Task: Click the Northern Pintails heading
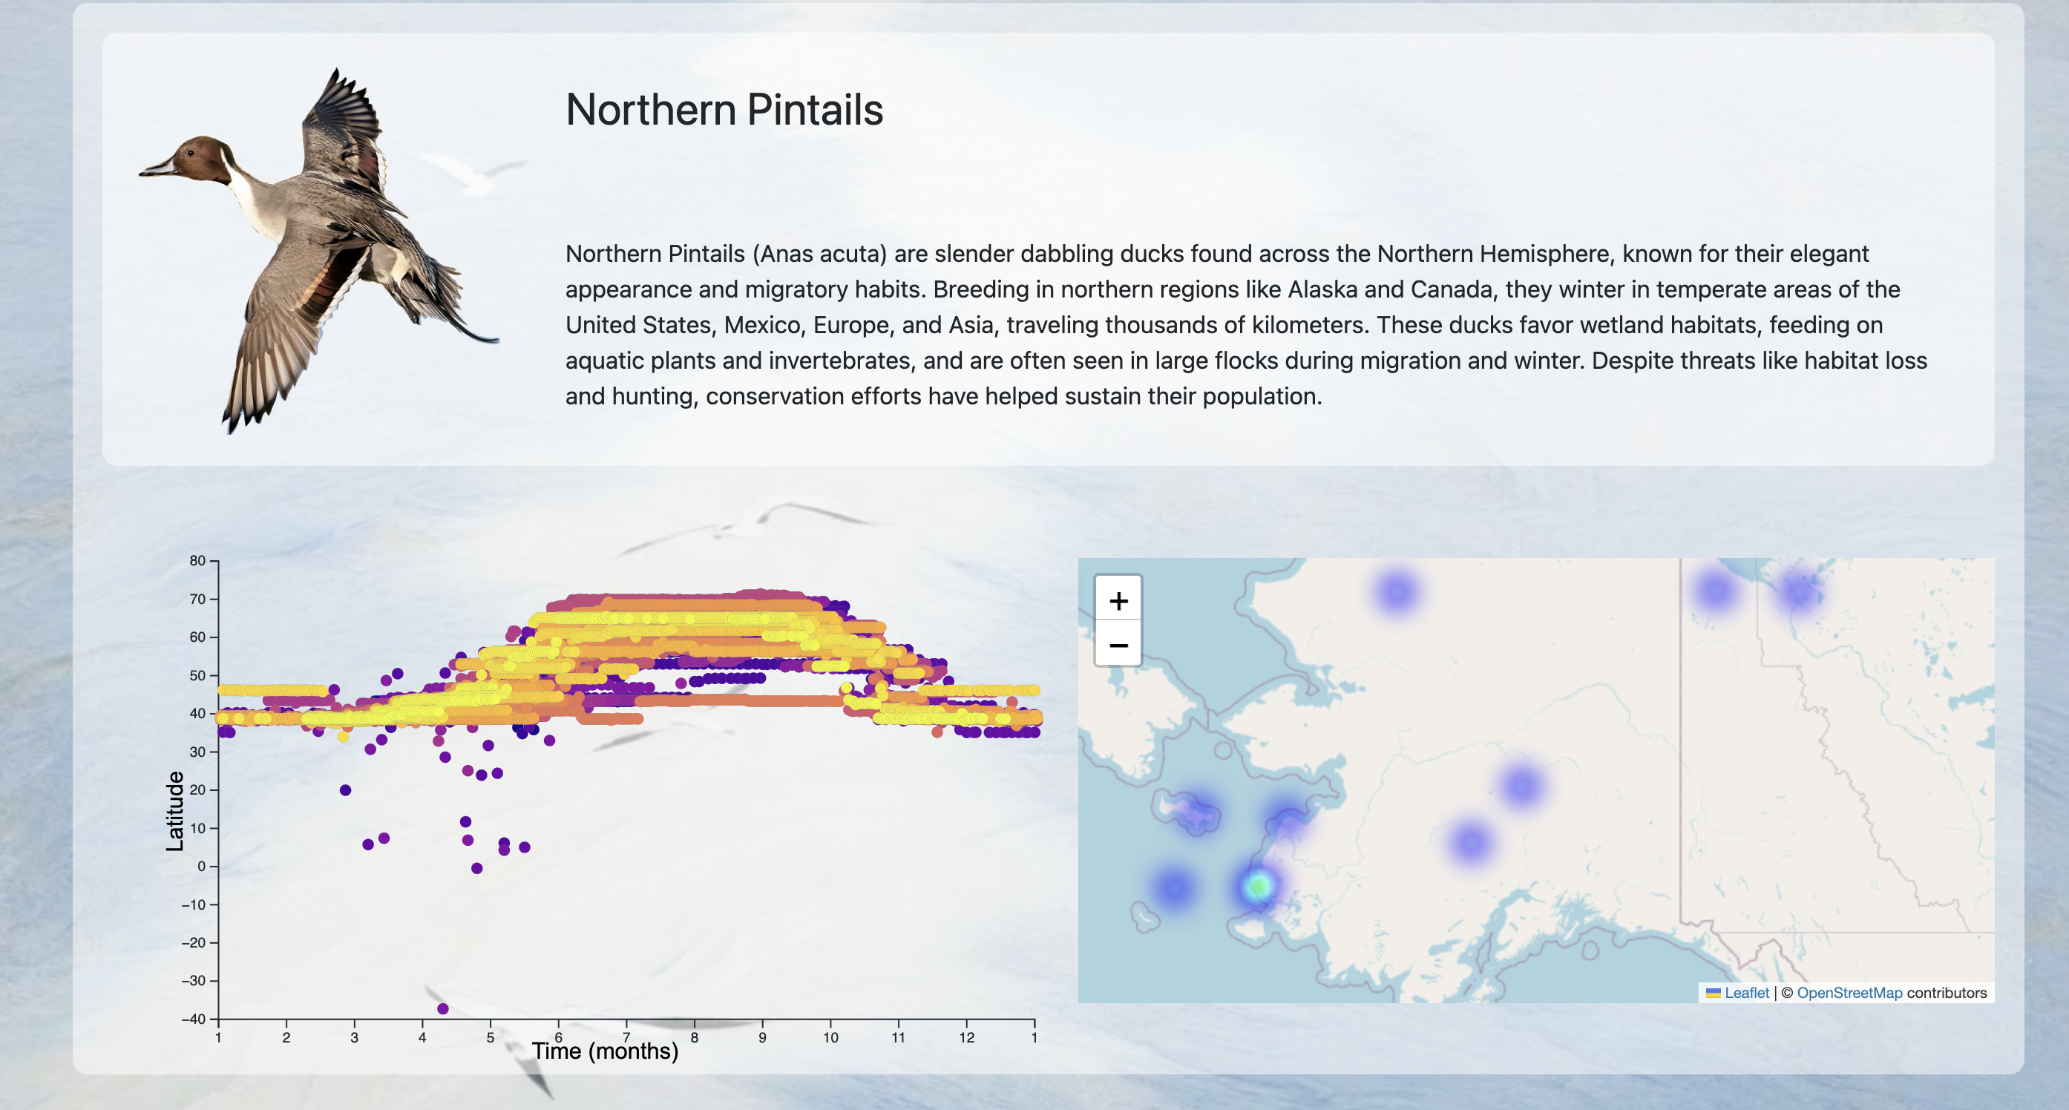724,109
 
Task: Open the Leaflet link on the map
1746,993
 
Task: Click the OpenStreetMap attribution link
1849,993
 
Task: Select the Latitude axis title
174,811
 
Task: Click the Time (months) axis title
605,1051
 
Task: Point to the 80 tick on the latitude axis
197,561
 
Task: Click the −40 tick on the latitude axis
194,1019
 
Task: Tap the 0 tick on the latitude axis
202,866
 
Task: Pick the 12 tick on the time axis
966,1037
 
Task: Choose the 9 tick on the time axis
762,1037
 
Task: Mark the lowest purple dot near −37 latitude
442,1009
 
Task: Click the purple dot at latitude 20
345,790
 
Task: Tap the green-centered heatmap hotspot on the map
1258,886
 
